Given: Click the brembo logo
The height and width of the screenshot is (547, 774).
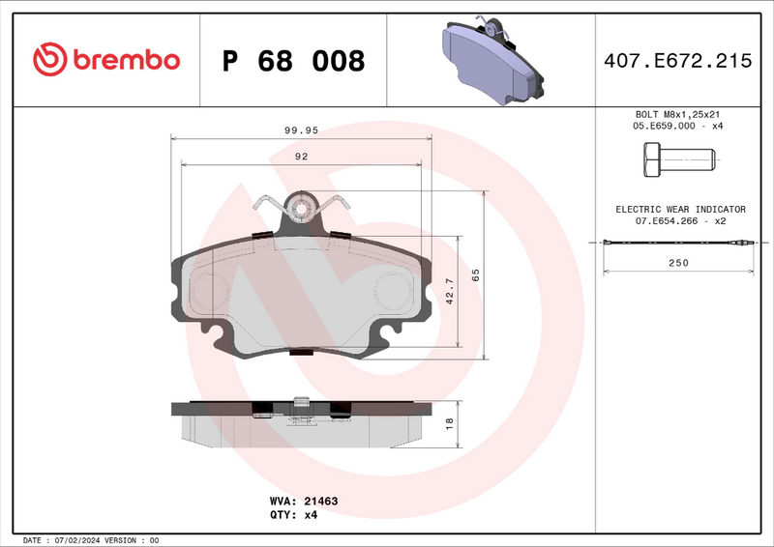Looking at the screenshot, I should (x=106, y=60).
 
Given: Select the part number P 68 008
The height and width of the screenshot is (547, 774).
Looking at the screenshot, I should (x=293, y=61).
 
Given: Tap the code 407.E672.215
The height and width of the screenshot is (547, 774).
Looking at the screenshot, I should (x=676, y=61).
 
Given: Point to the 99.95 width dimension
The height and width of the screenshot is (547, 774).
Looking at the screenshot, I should (x=301, y=129).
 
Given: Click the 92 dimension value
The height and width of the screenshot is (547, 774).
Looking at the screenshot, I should (x=301, y=156).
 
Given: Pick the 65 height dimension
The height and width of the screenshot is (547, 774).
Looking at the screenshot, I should (x=475, y=274).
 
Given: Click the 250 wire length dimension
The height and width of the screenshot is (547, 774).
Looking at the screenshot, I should (x=678, y=263).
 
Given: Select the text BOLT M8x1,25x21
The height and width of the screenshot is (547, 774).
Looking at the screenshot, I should (x=678, y=114).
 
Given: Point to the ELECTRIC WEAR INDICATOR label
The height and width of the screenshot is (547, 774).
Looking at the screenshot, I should (x=680, y=209).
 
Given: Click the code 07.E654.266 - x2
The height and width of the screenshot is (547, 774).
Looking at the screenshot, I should (x=680, y=221).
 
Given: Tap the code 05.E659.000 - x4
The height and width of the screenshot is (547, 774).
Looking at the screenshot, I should (x=678, y=126).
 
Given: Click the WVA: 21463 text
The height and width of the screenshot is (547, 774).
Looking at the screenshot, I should (x=303, y=502).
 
